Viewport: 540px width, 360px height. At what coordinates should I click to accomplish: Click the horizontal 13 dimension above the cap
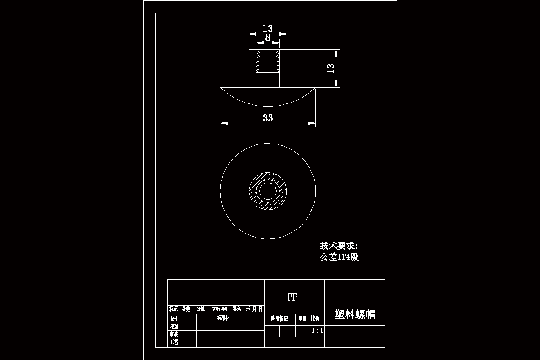coord(268,29)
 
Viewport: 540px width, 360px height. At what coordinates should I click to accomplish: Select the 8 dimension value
coord(268,38)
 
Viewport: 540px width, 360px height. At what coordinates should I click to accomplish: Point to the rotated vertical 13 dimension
coord(330,68)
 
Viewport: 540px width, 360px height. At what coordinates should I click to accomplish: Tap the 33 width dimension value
coord(268,118)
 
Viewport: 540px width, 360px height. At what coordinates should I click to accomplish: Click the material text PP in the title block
coord(292,297)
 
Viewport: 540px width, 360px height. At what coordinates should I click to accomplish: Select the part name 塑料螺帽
coord(355,314)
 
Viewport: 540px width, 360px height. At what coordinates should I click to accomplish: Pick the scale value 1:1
coord(317,331)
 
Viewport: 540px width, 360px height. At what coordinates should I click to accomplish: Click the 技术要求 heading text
coord(338,246)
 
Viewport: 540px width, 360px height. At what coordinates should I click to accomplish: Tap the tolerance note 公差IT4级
coord(339,257)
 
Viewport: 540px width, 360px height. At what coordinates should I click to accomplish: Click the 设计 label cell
coord(174,318)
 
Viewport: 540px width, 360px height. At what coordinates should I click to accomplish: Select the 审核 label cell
coord(174,334)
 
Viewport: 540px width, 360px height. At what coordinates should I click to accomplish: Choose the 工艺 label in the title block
coord(174,342)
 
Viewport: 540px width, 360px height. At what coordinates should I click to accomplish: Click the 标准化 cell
coord(223,318)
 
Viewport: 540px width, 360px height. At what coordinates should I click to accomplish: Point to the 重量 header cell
coord(302,319)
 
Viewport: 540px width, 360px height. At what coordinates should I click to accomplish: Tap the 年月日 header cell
coord(254,309)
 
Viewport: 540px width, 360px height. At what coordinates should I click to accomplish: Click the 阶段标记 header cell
coord(279,319)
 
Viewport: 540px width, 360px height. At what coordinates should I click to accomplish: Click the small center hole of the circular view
coord(268,191)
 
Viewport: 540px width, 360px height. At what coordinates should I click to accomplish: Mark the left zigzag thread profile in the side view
coord(258,62)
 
